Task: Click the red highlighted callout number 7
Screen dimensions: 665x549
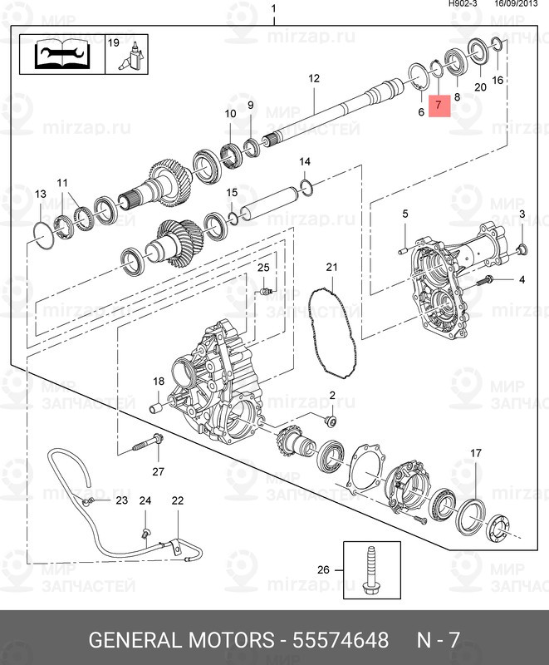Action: click(x=439, y=107)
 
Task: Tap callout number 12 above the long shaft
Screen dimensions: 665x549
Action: click(x=314, y=79)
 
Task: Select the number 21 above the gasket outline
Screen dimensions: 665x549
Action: click(x=331, y=267)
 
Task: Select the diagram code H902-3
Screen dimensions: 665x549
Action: click(x=463, y=4)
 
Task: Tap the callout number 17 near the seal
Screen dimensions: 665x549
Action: click(x=476, y=453)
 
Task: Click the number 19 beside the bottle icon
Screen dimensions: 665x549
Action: click(x=115, y=42)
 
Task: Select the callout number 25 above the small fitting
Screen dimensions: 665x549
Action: click(x=263, y=267)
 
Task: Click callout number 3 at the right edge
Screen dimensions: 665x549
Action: click(x=522, y=215)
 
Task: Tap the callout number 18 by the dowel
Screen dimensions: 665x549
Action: click(x=159, y=382)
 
